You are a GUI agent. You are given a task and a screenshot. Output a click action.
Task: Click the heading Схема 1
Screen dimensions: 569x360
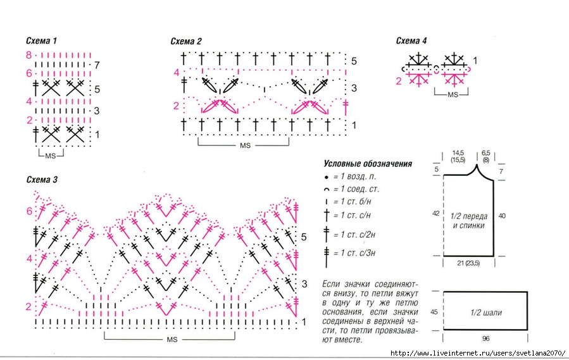point(42,41)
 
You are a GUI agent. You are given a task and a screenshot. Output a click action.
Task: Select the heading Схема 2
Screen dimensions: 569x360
point(186,42)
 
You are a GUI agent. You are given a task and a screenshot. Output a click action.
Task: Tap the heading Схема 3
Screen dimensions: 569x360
point(42,180)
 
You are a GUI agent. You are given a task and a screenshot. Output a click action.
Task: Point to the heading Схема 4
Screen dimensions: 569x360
point(412,41)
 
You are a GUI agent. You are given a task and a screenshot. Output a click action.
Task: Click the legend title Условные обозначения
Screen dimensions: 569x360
point(367,163)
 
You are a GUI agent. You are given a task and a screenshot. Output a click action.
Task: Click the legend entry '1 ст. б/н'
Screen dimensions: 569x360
point(356,202)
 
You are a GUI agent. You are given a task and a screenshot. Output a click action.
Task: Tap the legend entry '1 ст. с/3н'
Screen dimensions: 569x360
point(358,254)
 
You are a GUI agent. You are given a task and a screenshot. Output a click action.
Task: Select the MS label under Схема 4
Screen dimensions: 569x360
point(453,94)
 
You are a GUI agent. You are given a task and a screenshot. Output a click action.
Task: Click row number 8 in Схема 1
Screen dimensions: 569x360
point(29,56)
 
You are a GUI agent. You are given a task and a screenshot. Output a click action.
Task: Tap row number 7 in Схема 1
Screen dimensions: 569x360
point(96,65)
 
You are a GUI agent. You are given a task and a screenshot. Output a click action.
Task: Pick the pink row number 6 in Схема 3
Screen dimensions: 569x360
point(29,211)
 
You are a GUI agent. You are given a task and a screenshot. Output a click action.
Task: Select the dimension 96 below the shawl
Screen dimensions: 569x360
point(485,338)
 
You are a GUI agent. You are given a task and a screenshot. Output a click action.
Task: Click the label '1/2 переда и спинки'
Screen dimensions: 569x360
point(469,220)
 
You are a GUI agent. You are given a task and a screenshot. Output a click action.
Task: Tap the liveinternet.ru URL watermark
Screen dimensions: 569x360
point(477,353)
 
